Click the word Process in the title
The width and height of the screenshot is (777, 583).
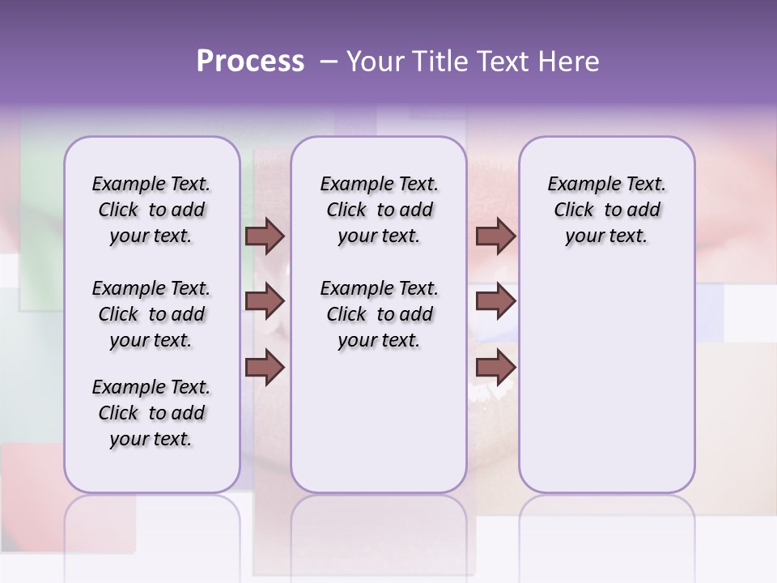coord(250,62)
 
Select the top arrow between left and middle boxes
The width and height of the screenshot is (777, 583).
coord(265,236)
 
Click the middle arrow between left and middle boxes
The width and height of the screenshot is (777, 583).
coord(265,302)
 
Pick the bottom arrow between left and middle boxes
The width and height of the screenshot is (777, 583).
coord(265,368)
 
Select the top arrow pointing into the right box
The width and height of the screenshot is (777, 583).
coord(495,236)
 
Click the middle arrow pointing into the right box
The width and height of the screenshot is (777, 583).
coord(495,302)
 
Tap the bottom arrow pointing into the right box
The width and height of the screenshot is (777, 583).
coord(495,368)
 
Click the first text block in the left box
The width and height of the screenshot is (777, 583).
coord(151,211)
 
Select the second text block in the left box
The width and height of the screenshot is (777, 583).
coord(151,314)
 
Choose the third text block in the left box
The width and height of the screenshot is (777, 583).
coord(151,413)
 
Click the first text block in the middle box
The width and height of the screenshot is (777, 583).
coord(379,211)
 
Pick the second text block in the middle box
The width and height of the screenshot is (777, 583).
coord(379,314)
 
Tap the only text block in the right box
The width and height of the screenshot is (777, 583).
coord(606,211)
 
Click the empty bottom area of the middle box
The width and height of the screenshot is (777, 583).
coord(379,429)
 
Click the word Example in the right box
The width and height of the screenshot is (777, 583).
coord(580,185)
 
